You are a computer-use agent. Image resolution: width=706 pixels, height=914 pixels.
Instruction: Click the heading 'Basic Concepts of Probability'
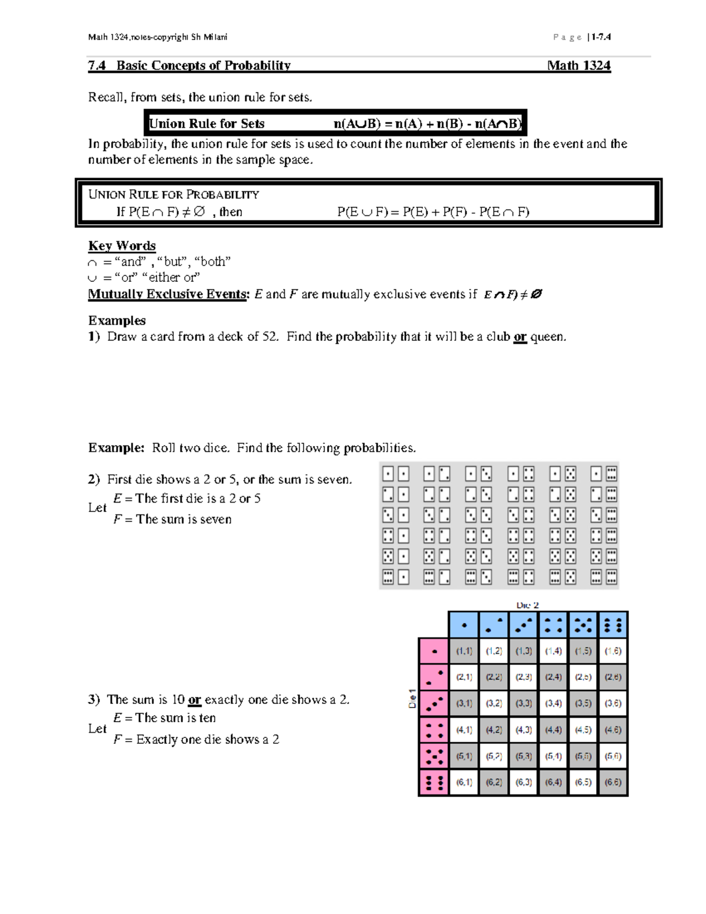[203, 65]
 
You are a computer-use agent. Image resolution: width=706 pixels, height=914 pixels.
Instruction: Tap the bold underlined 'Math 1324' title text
[578, 65]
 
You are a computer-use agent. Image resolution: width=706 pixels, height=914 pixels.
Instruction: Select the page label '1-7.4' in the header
[601, 37]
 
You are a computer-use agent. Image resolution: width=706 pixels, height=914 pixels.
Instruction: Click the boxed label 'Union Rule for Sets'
[207, 124]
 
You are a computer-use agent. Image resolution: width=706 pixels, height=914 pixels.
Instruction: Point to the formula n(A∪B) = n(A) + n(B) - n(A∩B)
[427, 124]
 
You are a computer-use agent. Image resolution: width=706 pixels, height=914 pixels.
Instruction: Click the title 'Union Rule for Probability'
[174, 194]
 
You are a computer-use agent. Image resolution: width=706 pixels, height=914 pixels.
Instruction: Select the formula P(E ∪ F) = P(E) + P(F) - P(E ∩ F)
[433, 212]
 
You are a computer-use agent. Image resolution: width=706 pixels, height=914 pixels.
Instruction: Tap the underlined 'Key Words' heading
[122, 245]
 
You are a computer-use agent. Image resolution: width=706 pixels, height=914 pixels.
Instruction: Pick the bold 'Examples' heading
[117, 321]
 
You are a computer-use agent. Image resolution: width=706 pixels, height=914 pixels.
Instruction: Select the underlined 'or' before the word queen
[519, 337]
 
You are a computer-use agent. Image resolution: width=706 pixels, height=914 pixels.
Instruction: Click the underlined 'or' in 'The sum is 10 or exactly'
[194, 700]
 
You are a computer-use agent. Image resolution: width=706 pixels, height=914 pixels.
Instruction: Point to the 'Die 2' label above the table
[527, 605]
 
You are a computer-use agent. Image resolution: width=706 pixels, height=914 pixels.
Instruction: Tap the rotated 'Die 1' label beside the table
[412, 699]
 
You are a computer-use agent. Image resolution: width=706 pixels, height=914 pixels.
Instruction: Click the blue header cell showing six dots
[612, 625]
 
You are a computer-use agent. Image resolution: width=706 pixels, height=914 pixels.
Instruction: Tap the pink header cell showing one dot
[434, 652]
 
